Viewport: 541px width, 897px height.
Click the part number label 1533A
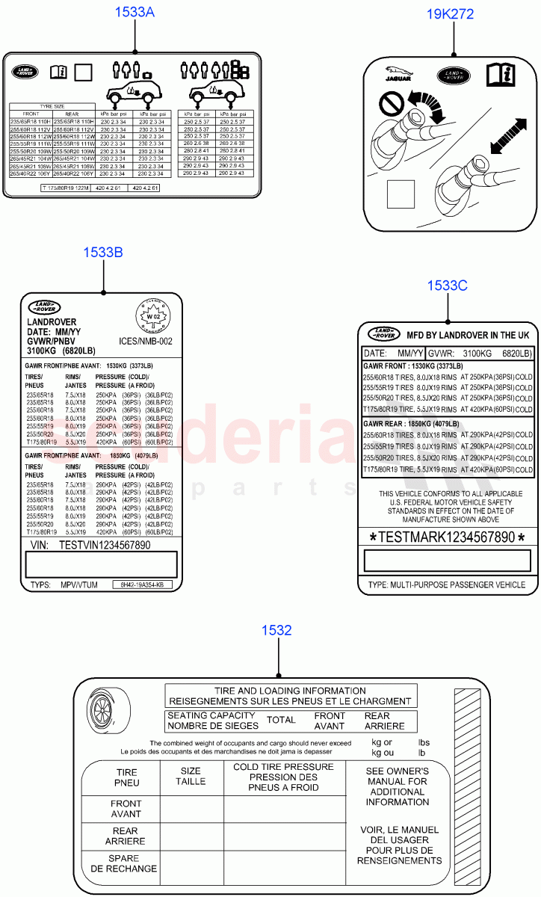[x=135, y=12]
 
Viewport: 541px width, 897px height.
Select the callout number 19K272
[x=450, y=14]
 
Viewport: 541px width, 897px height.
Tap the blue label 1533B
[x=103, y=252]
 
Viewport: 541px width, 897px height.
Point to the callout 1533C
[x=447, y=285]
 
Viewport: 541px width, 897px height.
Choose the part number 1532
[x=276, y=630]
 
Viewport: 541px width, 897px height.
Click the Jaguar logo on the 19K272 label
[x=398, y=75]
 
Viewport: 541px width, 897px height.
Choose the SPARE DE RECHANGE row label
[x=124, y=863]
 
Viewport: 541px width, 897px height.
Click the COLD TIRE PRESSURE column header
[x=284, y=777]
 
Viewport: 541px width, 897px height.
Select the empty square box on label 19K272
[x=401, y=194]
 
